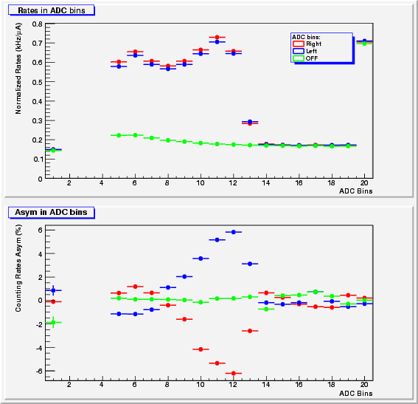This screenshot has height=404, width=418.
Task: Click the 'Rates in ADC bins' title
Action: (52, 10)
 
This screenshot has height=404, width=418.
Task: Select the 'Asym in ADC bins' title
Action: (51, 212)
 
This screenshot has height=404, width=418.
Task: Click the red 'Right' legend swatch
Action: (299, 44)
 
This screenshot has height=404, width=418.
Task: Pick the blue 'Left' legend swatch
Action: (299, 51)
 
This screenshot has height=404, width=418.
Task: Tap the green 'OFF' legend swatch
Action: (299, 58)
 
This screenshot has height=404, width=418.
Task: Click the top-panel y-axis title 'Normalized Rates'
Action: (18, 69)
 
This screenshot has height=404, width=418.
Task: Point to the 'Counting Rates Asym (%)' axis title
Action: (18, 268)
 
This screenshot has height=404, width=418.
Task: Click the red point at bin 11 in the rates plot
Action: (217, 37)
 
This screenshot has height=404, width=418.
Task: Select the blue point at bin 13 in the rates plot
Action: (250, 122)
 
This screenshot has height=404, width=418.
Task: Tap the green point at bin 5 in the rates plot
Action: (119, 135)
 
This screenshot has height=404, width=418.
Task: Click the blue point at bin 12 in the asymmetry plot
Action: (234, 232)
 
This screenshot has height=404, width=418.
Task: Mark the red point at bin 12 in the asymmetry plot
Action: (234, 373)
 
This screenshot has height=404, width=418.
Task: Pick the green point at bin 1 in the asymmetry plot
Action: (53, 322)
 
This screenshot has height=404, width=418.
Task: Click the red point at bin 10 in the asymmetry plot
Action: (201, 349)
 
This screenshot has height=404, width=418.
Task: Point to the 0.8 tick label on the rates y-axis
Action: (38, 24)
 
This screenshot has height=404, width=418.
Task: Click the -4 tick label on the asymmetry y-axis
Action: (39, 348)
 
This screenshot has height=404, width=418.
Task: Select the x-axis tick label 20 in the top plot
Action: (364, 183)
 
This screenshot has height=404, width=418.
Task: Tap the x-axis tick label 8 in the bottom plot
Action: (167, 385)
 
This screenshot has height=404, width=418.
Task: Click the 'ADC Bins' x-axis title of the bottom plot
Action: (355, 394)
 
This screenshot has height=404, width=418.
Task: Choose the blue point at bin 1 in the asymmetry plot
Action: (53, 290)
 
